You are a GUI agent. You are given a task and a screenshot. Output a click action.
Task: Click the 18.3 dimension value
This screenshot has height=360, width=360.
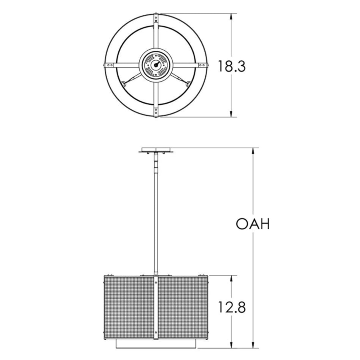click(232, 66)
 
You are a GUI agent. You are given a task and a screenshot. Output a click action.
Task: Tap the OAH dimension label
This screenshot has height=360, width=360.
click(253, 224)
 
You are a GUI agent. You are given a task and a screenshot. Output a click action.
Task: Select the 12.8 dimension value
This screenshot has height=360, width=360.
click(232, 307)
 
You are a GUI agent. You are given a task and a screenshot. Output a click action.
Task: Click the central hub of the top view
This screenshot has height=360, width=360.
click(156, 65)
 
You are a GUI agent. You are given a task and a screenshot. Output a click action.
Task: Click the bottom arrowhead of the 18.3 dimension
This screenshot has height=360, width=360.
click(231, 114)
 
